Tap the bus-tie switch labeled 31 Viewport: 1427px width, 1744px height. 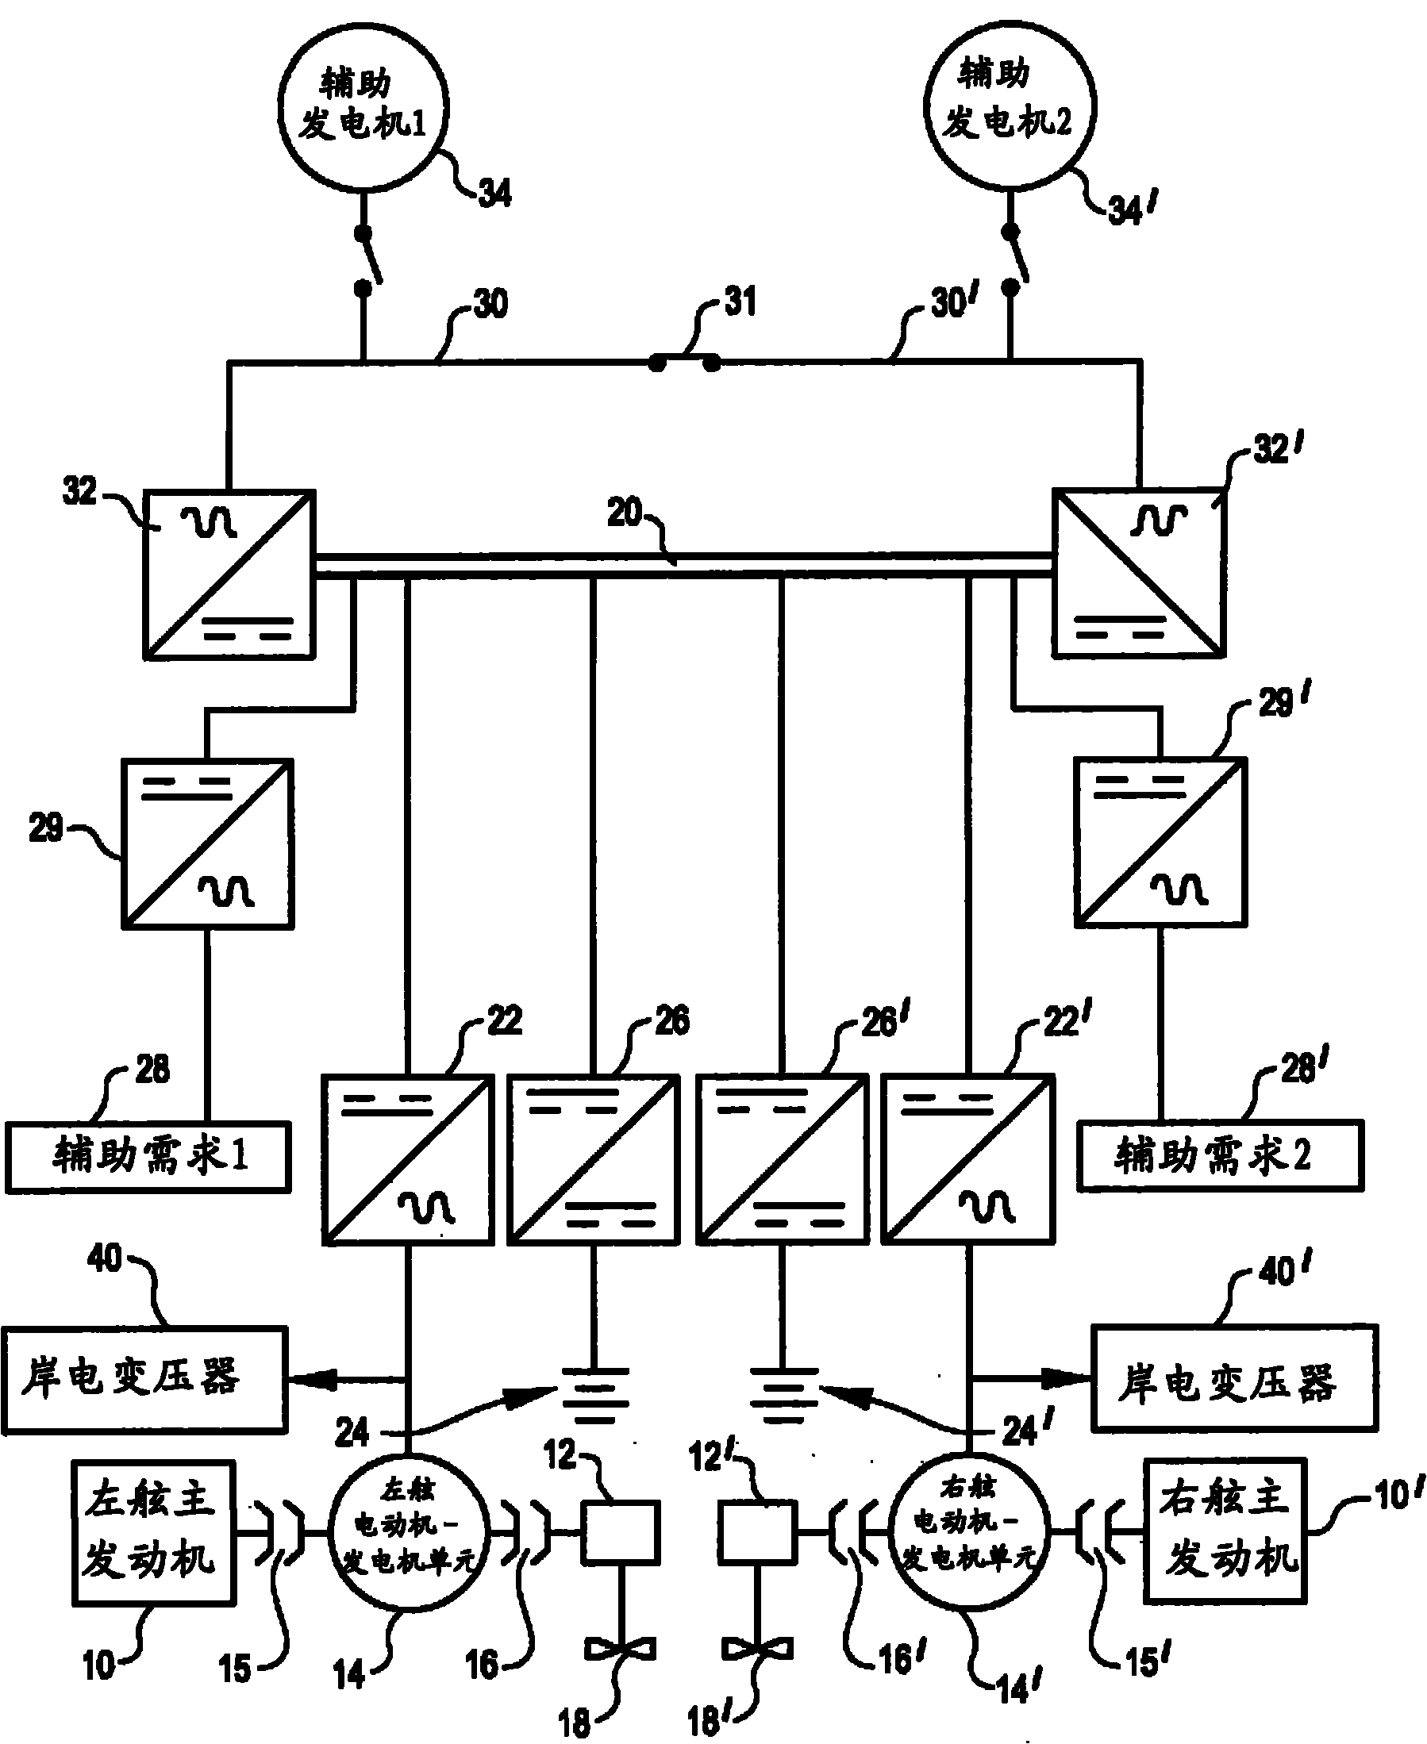pyautogui.click(x=685, y=362)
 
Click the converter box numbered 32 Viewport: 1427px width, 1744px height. pyautogui.click(x=229, y=574)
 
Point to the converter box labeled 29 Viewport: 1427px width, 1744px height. pyautogui.click(x=208, y=844)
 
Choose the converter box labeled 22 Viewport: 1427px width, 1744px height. pyautogui.click(x=408, y=1160)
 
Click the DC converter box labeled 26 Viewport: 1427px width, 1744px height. pyautogui.click(x=594, y=1160)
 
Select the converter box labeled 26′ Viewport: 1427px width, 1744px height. pyautogui.click(x=783, y=1160)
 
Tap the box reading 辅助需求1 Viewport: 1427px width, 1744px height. pyautogui.click(x=148, y=1156)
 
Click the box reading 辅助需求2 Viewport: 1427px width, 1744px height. pyautogui.click(x=1221, y=1154)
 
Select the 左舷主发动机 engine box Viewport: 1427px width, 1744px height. pyautogui.click(x=154, y=1533)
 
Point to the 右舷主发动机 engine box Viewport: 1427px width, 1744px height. pyautogui.click(x=1225, y=1531)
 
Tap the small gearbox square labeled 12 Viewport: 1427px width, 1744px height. pyautogui.click(x=621, y=1532)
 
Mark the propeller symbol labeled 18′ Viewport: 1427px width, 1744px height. pyautogui.click(x=758, y=1648)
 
